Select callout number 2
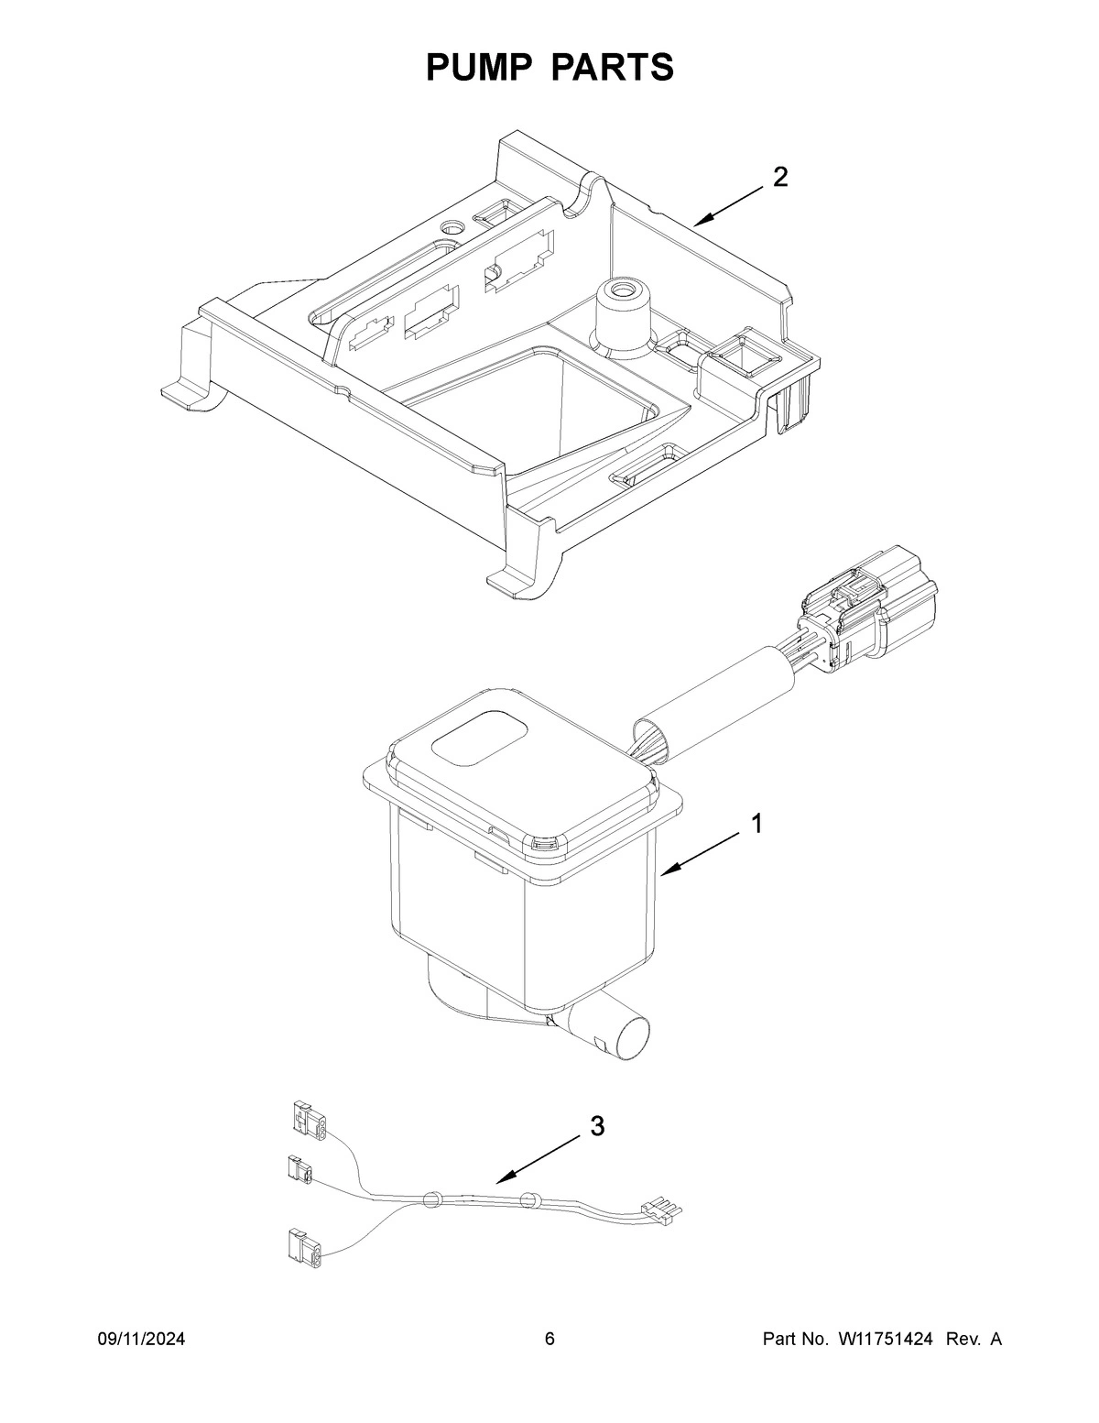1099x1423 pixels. [779, 177]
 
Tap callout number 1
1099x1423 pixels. [756, 824]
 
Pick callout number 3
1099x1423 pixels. [596, 1126]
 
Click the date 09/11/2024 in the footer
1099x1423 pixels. [141, 1340]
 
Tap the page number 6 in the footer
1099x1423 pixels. [549, 1340]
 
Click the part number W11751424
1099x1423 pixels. [884, 1340]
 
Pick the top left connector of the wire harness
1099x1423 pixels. [307, 1123]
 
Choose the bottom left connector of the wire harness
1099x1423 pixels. [303, 1246]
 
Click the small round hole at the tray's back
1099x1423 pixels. [453, 226]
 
